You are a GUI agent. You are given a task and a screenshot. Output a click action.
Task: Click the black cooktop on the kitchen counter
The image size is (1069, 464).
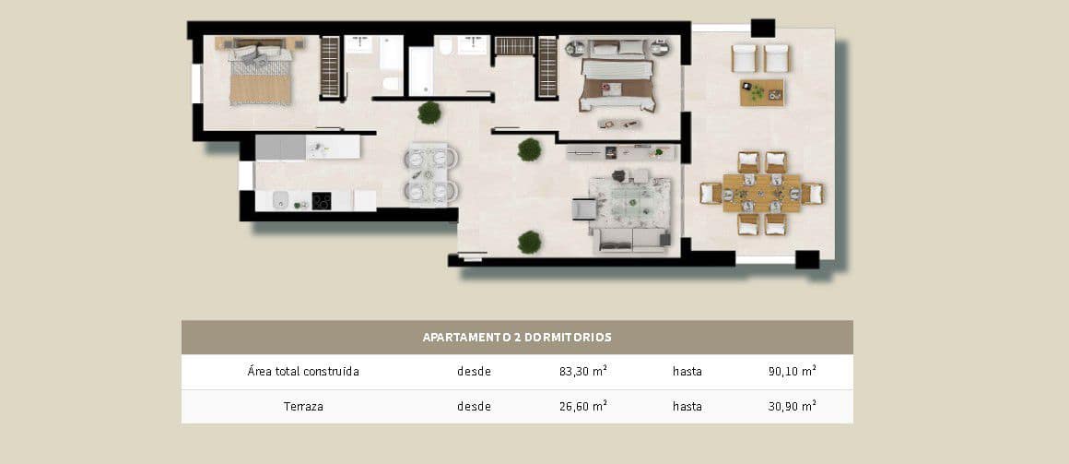click(x=322, y=200)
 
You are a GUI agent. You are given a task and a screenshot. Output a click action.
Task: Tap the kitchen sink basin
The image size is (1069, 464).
click(x=280, y=200)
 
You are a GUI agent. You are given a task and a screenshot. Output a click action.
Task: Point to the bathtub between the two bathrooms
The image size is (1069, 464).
click(x=419, y=72)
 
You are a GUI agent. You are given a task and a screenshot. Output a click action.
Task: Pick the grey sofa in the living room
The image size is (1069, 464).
click(x=630, y=240)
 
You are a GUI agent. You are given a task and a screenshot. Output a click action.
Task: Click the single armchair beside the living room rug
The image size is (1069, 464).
click(x=584, y=209)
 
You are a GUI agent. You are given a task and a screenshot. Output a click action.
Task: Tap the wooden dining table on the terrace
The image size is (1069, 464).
click(x=759, y=193)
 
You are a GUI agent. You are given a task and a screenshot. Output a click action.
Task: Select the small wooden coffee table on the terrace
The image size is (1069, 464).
click(x=761, y=92)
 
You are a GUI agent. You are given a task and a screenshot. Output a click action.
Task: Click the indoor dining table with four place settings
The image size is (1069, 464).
click(x=430, y=173)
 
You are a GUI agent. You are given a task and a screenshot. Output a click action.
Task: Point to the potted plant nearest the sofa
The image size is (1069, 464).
click(x=529, y=242)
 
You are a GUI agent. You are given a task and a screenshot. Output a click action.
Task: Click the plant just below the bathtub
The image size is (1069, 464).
click(x=429, y=113)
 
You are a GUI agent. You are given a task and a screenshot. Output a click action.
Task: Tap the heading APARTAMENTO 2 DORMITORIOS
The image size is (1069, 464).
click(x=516, y=338)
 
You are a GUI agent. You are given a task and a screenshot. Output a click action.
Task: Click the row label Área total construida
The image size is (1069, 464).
click(x=303, y=372)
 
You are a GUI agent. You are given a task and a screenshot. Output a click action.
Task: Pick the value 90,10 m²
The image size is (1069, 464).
click(x=793, y=372)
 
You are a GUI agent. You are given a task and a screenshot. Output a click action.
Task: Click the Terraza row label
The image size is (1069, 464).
click(x=303, y=406)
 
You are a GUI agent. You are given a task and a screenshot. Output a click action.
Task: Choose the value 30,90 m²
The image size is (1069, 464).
click(x=793, y=406)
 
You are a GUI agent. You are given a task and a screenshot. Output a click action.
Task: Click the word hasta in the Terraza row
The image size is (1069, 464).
click(x=687, y=406)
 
